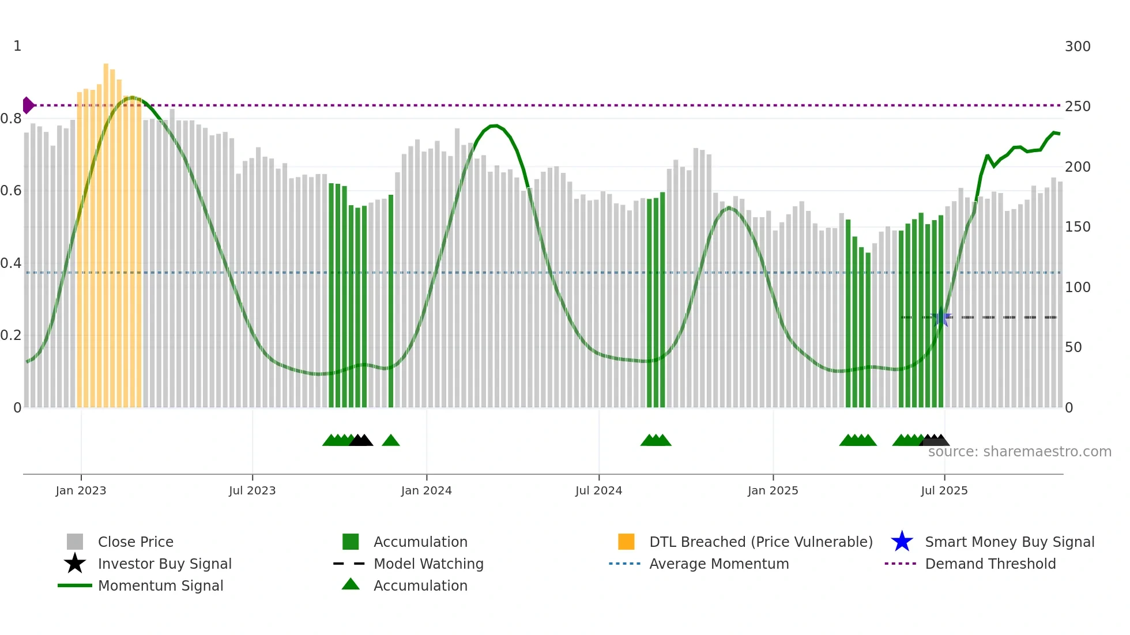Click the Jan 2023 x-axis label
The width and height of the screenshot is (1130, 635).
pyautogui.click(x=81, y=490)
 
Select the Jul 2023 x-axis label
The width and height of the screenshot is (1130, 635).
pyautogui.click(x=252, y=490)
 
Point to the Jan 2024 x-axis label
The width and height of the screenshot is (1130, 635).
pyautogui.click(x=426, y=490)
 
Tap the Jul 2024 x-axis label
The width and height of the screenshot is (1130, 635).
pyautogui.click(x=598, y=490)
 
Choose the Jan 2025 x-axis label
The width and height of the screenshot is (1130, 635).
pyautogui.click(x=773, y=490)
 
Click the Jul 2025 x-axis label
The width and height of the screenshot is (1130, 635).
pyautogui.click(x=944, y=490)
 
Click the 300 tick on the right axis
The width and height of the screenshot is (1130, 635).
pyautogui.click(x=1077, y=47)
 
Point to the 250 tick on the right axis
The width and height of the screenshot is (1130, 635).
pyautogui.click(x=1077, y=107)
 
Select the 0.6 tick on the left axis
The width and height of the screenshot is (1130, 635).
pyautogui.click(x=12, y=191)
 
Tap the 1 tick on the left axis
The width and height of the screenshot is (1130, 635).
pyautogui.click(x=17, y=46)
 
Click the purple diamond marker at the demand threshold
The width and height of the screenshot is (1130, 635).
pyautogui.click(x=28, y=105)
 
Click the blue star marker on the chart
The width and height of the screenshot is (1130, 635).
pyautogui.click(x=941, y=317)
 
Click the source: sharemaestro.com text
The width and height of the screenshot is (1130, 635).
pyautogui.click(x=1019, y=452)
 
